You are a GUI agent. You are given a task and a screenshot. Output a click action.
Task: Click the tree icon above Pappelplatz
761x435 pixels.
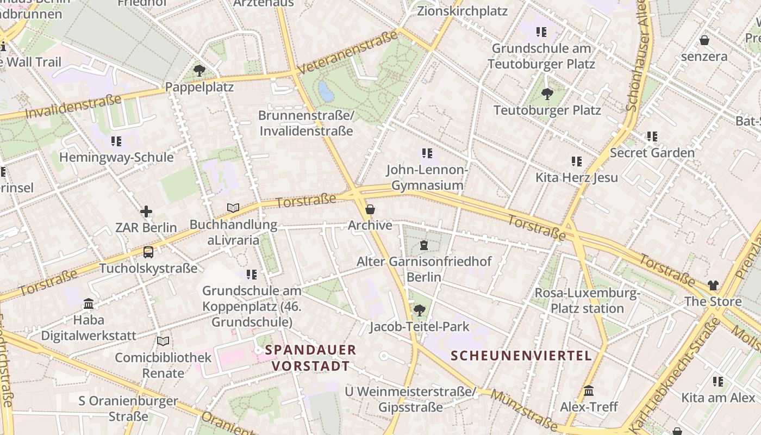tap(199, 70)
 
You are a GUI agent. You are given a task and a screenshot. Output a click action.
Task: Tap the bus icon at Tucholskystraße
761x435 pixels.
tap(148, 252)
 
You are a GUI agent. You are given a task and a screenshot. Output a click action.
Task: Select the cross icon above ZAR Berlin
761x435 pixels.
tap(146, 212)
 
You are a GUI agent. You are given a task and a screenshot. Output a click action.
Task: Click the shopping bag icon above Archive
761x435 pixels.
tap(370, 209)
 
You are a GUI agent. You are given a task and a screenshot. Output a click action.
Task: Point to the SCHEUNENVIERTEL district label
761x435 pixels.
tap(521, 356)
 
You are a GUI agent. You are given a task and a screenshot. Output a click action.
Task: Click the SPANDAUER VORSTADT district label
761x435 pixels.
tap(311, 358)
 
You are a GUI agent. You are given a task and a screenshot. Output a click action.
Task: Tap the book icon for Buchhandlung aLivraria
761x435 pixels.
tap(233, 208)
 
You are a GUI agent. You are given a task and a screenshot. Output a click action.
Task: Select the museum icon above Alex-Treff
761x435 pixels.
tap(589, 391)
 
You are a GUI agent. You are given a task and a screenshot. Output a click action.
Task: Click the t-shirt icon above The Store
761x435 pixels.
tap(713, 285)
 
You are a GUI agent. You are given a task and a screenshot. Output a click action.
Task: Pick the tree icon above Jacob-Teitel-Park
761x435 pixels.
tap(419, 310)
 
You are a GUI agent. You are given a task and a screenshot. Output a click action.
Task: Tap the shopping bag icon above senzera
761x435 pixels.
tap(704, 40)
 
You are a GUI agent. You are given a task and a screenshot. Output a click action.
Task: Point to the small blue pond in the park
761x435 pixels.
tap(326, 91)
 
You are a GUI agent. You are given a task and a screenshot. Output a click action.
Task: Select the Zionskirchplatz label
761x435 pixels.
tap(462, 11)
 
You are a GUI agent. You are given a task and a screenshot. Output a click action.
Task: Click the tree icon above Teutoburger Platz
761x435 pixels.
tap(547, 94)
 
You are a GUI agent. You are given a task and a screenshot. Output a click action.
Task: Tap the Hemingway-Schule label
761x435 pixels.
tap(116, 158)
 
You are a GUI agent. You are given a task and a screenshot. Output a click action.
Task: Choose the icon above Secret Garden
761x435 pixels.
tap(652, 136)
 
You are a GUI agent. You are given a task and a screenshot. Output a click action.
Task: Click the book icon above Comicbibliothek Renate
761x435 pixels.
tap(163, 341)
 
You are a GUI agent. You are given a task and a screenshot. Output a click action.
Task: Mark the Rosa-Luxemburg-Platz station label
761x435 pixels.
tap(587, 301)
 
